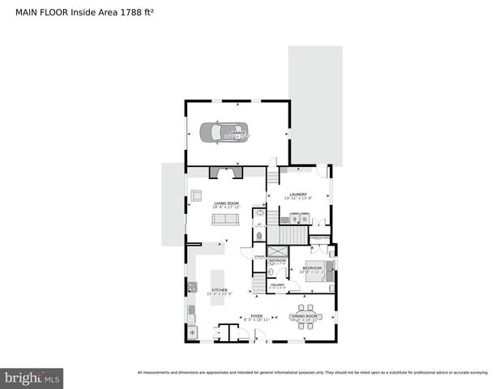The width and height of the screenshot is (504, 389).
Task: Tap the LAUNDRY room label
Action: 298,194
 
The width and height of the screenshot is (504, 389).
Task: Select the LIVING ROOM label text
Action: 227,203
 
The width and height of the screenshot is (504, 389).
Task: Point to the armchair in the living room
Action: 196,194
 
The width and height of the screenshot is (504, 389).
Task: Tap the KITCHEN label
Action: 220,290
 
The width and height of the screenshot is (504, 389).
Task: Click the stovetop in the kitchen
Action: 192,286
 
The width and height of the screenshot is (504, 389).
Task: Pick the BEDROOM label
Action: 312,267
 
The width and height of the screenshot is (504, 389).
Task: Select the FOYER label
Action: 256,315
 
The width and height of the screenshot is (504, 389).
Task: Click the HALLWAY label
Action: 277,284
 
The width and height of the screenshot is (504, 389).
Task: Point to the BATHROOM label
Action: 277,260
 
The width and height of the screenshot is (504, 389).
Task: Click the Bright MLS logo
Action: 32,378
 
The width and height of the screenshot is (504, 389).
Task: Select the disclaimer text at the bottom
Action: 313,373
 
